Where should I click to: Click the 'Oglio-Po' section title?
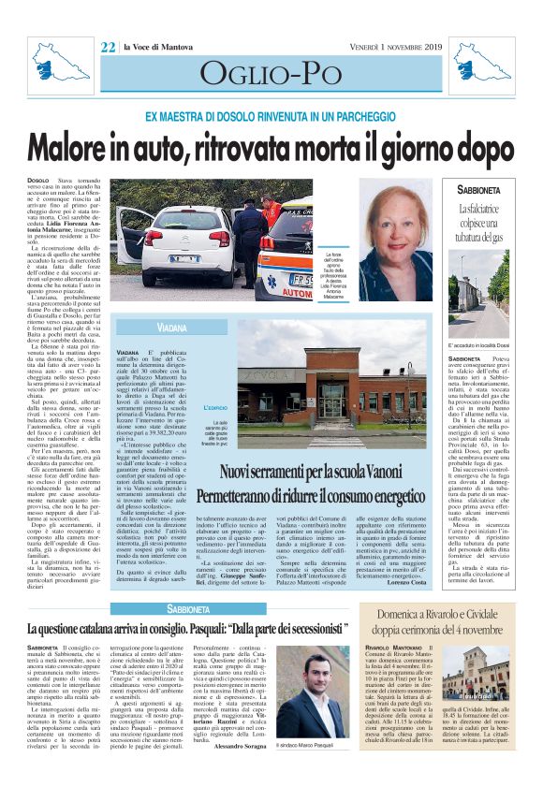pos(271,74)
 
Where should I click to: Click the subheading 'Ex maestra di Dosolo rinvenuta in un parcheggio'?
pos(271,118)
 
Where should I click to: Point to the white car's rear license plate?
pos(183,257)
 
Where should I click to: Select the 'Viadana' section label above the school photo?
pos(171,329)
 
